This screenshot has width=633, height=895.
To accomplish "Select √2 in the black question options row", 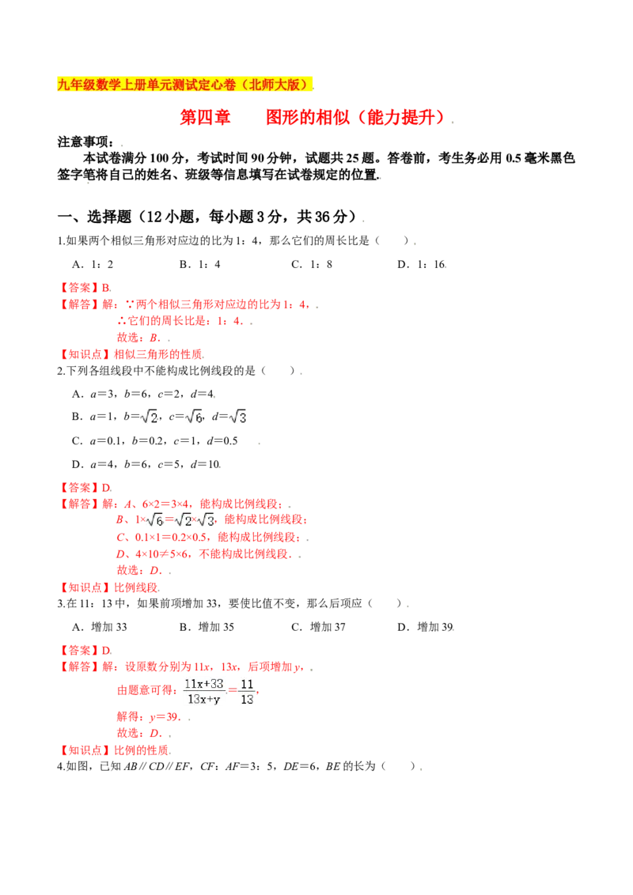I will click(149, 417).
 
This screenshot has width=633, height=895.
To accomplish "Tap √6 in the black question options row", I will click(194, 417).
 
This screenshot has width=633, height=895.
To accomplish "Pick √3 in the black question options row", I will click(237, 417).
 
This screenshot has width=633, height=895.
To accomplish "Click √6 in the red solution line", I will click(154, 520).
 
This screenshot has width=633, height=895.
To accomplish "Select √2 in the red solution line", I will click(183, 520).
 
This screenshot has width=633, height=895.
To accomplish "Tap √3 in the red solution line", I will click(205, 520).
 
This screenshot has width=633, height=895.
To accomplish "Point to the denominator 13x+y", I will click(203, 699).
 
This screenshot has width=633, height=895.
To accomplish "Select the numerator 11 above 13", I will click(246, 683).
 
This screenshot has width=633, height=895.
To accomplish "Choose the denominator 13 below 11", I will click(246, 699).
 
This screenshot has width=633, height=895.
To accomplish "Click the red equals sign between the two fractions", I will click(232, 691).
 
